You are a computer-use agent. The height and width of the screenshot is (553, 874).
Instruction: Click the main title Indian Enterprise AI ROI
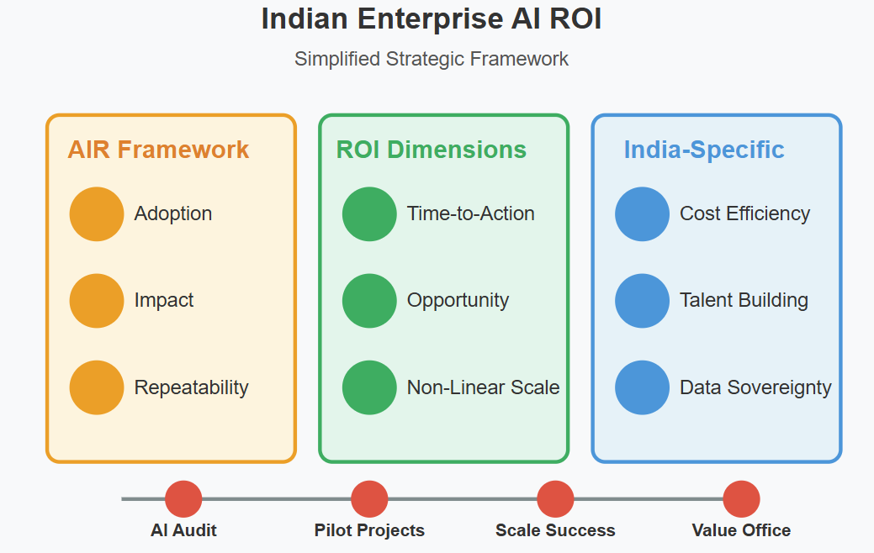pos(431,19)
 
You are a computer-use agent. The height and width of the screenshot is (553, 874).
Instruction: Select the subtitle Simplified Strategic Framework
pos(431,59)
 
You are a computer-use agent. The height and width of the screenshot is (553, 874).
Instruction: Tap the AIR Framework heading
pos(158,150)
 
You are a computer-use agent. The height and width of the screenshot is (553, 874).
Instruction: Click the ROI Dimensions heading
pos(431,150)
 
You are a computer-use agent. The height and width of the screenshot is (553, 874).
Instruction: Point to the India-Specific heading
pos(703,150)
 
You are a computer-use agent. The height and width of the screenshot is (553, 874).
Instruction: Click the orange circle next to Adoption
pos(97,213)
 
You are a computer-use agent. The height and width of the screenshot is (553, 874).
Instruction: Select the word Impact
pos(164,300)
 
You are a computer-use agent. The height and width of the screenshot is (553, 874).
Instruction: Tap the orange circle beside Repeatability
pos(97,387)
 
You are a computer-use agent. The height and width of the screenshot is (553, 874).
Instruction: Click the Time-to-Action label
pos(470,213)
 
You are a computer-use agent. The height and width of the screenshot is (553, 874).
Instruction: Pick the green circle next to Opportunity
pos(369,300)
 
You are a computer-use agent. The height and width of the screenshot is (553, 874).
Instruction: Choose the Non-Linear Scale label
pos(483,387)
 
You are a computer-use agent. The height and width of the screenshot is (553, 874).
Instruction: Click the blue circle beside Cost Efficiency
pos(642,213)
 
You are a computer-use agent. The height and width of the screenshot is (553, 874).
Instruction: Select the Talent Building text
pos(744,300)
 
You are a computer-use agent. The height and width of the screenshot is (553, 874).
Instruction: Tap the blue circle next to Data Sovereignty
pos(642,387)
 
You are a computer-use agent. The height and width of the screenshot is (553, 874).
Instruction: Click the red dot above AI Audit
pos(183,498)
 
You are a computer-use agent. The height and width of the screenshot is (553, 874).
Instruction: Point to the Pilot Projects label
pos(369,530)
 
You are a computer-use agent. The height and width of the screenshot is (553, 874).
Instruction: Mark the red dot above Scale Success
pos(555,498)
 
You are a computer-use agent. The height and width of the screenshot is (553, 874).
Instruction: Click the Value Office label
pos(741,530)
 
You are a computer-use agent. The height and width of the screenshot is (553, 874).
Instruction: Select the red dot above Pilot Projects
pos(369,498)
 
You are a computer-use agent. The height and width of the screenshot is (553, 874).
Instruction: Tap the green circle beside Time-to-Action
pos(369,213)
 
